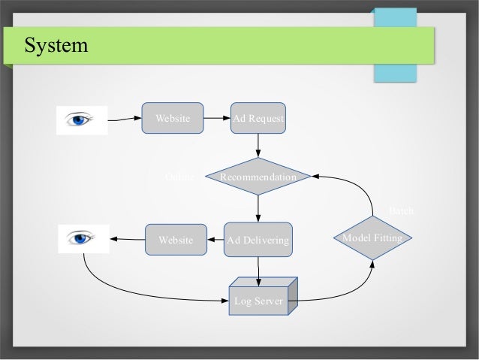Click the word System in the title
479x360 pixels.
56,47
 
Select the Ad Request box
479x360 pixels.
258,118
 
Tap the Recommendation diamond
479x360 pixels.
258,177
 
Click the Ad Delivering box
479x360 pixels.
258,240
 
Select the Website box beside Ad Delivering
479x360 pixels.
176,240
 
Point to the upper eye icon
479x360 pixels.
82,119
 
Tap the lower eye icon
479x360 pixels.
82,239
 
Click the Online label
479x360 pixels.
179,177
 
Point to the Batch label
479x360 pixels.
401,213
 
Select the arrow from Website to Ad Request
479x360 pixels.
218,118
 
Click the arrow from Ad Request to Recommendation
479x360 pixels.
258,146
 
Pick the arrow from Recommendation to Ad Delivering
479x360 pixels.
258,208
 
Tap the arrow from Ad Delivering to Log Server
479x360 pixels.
258,271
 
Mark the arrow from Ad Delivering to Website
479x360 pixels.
214,240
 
